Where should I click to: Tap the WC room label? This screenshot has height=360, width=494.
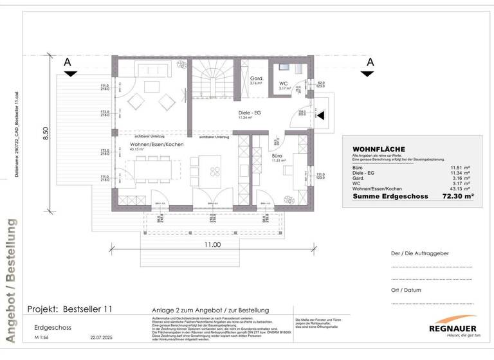pos(283,84)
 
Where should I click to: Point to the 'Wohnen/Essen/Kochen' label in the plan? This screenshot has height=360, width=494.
pos(157,145)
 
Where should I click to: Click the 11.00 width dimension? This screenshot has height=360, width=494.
pos(212,245)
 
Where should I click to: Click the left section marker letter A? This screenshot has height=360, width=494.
pos(67,62)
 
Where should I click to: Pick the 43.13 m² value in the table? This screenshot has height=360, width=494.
pos(460,188)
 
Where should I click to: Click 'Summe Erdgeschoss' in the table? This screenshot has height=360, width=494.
pos(385,196)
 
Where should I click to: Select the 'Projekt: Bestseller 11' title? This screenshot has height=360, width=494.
pos(70,309)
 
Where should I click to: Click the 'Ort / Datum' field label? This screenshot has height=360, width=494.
pos(406,289)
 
